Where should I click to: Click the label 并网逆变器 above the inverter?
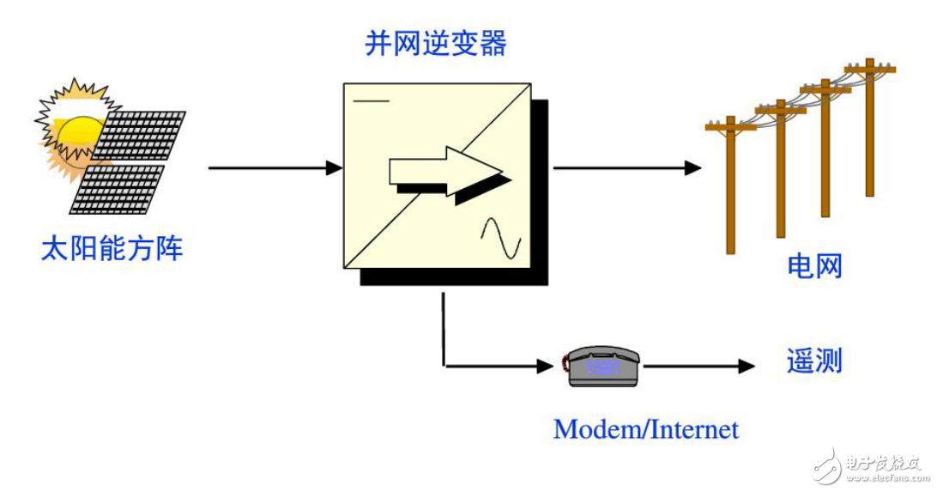pyautogui.click(x=435, y=43)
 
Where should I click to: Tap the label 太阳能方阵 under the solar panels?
pyautogui.click(x=112, y=249)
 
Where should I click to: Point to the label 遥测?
pyautogui.click(x=814, y=361)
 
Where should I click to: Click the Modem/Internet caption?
pyautogui.click(x=645, y=428)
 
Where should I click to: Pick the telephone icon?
pyautogui.click(x=601, y=367)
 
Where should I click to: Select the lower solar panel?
pyautogui.click(x=118, y=188)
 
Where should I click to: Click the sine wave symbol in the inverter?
pyautogui.click(x=501, y=238)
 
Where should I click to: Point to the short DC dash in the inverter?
pyautogui.click(x=371, y=101)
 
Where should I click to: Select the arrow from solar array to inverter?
pyautogui.click(x=275, y=168)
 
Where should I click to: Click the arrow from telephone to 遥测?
pyautogui.click(x=698, y=367)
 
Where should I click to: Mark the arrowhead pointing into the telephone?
pyautogui.click(x=547, y=367)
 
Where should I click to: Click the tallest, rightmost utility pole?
pyautogui.click(x=869, y=129)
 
